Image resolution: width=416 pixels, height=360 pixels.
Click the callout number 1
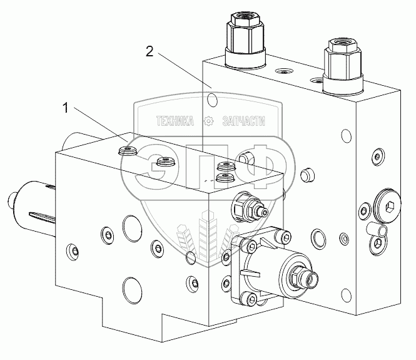(x=66, y=108)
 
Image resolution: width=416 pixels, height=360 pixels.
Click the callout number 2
(x=150, y=51)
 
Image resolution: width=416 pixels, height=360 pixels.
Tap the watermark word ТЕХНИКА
(x=175, y=121)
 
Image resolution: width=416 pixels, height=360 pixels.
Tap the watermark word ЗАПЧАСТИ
(x=243, y=121)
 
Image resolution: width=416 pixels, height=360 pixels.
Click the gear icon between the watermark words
(x=208, y=121)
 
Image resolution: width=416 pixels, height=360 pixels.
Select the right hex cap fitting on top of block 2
(x=343, y=66)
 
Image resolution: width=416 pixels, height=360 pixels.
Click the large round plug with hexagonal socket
(x=387, y=205)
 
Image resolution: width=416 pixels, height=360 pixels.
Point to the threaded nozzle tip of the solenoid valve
(x=311, y=279)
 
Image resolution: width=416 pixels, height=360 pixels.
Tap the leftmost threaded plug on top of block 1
(x=127, y=150)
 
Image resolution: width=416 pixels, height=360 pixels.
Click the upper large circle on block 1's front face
(x=132, y=229)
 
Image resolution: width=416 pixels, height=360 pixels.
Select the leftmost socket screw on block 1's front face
(x=72, y=251)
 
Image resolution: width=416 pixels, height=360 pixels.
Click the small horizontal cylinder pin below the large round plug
(x=377, y=229)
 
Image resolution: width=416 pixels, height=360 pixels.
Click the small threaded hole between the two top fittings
(x=284, y=71)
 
